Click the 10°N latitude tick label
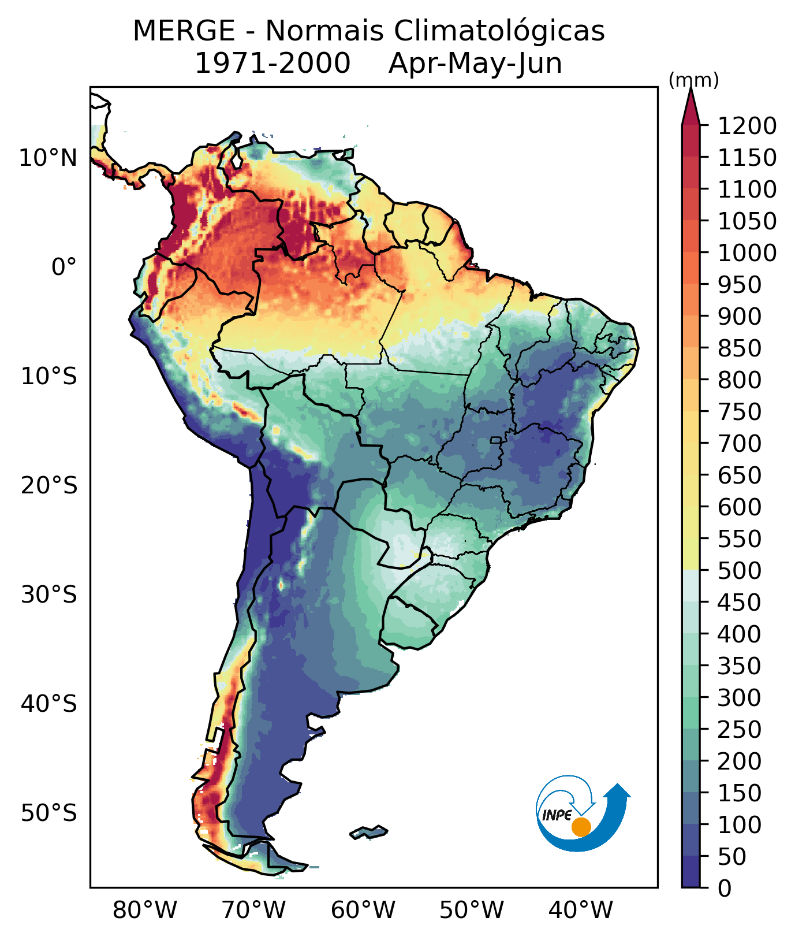pyautogui.click(x=48, y=158)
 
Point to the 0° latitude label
pyautogui.click(x=64, y=267)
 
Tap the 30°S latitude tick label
pyautogui.click(x=48, y=595)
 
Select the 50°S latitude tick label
pyautogui.click(x=48, y=813)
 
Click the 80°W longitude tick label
pyautogui.click(x=145, y=911)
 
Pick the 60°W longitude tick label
pyautogui.click(x=363, y=911)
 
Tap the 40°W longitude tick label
pyautogui.click(x=580, y=911)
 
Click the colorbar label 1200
pyautogui.click(x=747, y=125)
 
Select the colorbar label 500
pyautogui.click(x=739, y=570)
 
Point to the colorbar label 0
pyautogui.click(x=724, y=888)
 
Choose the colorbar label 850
pyautogui.click(x=739, y=348)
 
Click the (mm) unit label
pyautogui.click(x=693, y=81)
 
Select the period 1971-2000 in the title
pyautogui.click(x=273, y=63)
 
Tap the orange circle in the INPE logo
pyautogui.click(x=581, y=827)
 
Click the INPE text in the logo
pyautogui.click(x=557, y=815)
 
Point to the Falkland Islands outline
pyautogui.click(x=368, y=833)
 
